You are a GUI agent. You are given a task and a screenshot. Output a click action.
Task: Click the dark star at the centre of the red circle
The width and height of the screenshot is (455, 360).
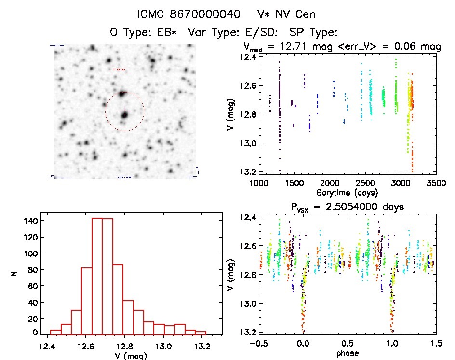(x=124, y=115)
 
